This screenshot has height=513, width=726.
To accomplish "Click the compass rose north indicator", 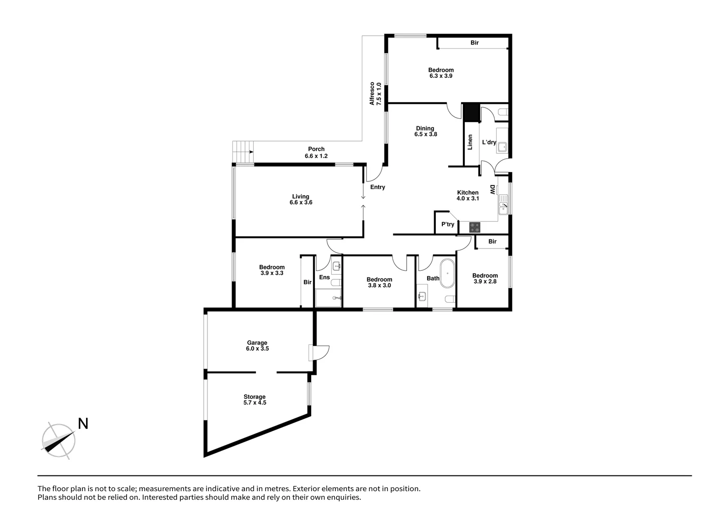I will [x=59, y=440].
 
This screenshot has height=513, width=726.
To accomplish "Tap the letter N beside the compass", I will [x=83, y=424].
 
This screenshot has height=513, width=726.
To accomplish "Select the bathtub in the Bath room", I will [x=447, y=274].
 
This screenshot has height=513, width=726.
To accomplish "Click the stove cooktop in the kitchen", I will [x=475, y=228].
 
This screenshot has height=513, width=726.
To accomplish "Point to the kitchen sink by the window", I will [x=503, y=207].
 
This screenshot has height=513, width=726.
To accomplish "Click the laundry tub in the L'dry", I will [x=502, y=147].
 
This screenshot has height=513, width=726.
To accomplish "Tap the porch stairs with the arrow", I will [x=243, y=152].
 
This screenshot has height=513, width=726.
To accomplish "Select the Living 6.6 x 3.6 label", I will [x=301, y=199].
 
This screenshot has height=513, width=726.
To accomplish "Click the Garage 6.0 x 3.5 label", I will [x=257, y=346].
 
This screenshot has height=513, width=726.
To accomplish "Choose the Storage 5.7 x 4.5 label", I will [x=255, y=400].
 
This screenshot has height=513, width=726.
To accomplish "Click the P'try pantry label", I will [x=448, y=224].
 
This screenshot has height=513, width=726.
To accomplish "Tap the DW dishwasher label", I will [x=493, y=190].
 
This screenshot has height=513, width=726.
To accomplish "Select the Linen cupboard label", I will [x=471, y=142].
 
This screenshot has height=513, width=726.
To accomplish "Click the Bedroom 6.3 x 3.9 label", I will [x=441, y=73].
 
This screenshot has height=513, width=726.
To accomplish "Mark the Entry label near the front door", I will [x=378, y=187].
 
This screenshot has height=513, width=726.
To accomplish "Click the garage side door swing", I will [x=318, y=353].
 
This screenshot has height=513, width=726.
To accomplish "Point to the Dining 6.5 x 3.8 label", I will [x=425, y=131].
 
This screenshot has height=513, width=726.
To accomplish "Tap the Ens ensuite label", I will [x=324, y=277].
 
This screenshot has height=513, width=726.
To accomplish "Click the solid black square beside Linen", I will [x=471, y=113].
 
